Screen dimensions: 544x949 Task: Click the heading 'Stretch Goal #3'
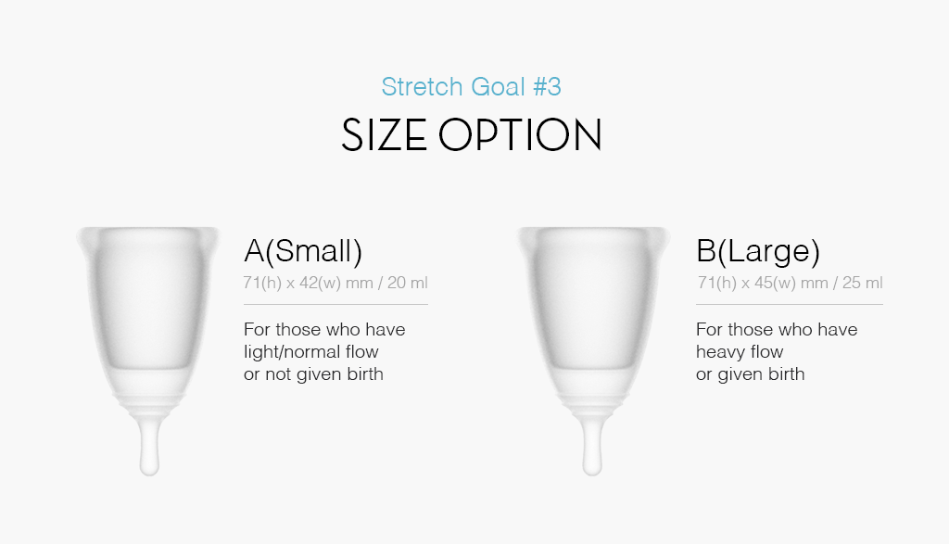click(x=471, y=87)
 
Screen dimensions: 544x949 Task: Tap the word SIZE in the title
click(x=384, y=135)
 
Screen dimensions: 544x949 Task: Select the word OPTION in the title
click(x=520, y=135)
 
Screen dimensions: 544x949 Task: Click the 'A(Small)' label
click(x=302, y=250)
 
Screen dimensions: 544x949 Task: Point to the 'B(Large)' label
click(x=757, y=250)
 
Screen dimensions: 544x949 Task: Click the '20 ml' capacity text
click(x=407, y=283)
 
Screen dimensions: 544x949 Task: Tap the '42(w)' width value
click(x=320, y=283)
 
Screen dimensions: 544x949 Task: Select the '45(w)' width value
click(x=774, y=283)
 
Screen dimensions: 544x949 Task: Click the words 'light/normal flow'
click(x=311, y=352)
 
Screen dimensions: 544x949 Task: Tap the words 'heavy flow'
click(x=740, y=352)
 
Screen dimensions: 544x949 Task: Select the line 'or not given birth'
click(x=313, y=374)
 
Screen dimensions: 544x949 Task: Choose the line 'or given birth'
click(x=750, y=374)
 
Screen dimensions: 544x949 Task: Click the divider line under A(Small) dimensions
click(x=335, y=304)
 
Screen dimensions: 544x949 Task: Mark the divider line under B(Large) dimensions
click(x=789, y=304)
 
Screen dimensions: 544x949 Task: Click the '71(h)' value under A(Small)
click(x=262, y=283)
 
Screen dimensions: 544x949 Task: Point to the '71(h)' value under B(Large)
click(x=716, y=283)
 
